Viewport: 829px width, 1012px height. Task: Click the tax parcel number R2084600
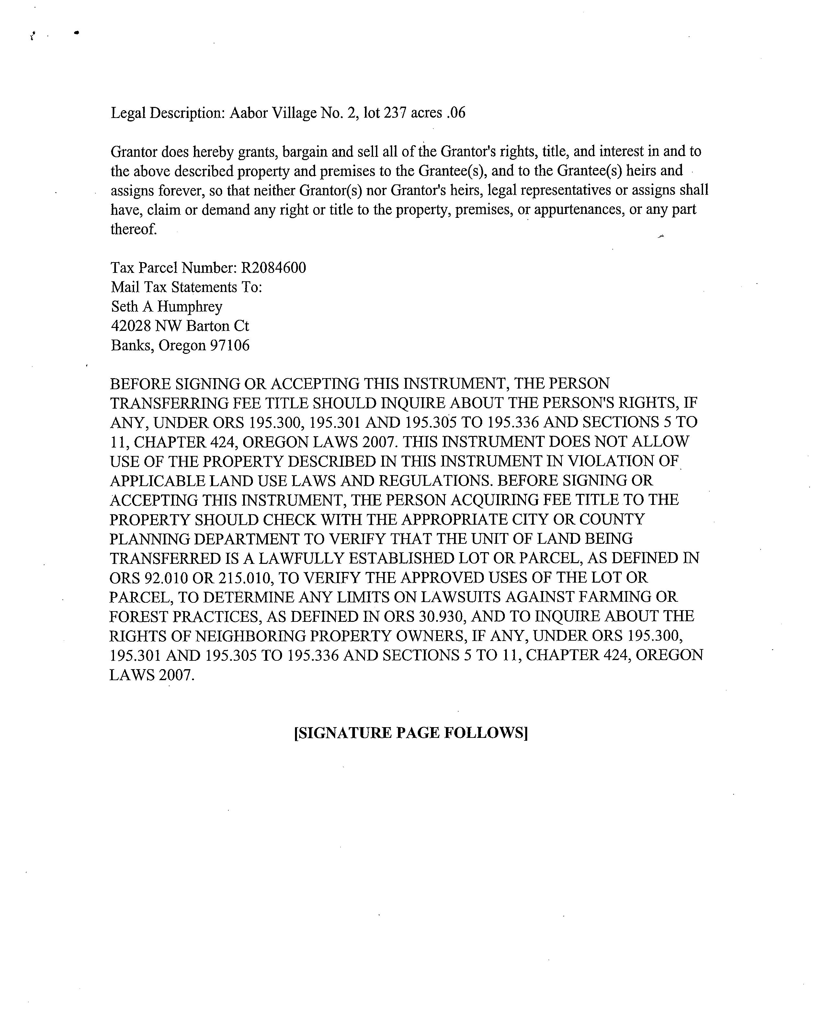click(274, 268)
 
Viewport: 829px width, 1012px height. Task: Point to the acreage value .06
click(456, 113)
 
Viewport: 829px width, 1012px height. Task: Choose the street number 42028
click(131, 326)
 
